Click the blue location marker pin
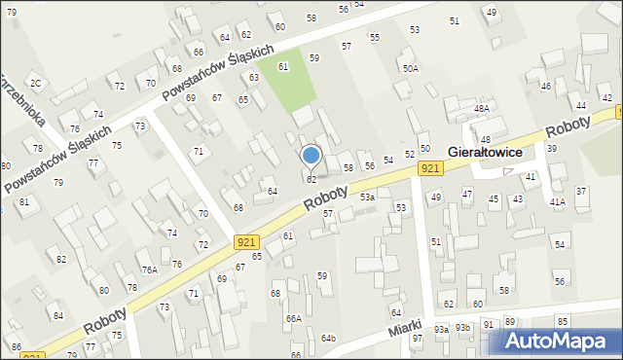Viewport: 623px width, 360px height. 311,155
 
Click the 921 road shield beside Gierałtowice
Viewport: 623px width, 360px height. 432,169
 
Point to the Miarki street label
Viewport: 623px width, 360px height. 404,329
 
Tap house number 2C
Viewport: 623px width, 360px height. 35,83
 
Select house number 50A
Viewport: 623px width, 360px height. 411,68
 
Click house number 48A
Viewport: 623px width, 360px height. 482,108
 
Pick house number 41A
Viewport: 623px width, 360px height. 557,201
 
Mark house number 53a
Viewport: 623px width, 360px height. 367,198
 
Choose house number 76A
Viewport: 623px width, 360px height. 149,270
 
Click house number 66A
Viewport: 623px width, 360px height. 293,318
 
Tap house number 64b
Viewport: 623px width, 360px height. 328,338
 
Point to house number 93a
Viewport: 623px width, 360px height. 441,329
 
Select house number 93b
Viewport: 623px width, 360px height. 462,329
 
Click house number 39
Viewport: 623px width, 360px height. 551,148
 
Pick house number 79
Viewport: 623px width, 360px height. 58,183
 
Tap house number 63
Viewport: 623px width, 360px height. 254,77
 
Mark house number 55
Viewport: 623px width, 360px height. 374,37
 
